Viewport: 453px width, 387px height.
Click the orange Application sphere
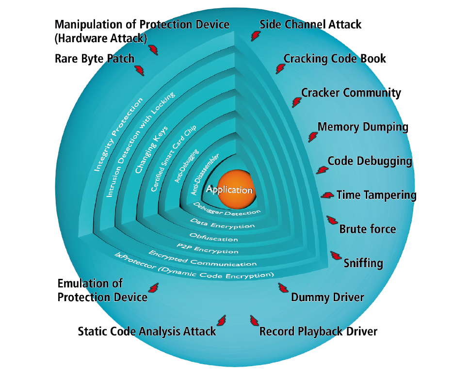coord(237,189)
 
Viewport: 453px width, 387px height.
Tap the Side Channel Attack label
coord(310,25)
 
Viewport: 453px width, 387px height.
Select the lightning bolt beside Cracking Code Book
coord(280,69)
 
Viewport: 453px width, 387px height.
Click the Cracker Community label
coord(351,93)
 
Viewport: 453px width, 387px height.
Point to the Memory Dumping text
coord(363,127)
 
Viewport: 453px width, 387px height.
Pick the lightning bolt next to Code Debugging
coord(322,170)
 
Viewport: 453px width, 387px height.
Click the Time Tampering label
coord(376,195)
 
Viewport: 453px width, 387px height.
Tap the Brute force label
coord(368,229)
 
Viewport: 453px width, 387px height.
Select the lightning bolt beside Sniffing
coord(336,255)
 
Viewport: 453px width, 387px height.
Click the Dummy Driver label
coord(327,297)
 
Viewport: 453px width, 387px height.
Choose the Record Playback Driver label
coord(318,331)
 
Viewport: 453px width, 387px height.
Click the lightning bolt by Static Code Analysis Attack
coord(222,321)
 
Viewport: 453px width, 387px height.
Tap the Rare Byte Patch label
coord(95,59)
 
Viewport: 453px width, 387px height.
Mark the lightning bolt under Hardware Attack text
coord(153,49)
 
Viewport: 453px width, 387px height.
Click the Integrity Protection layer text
coord(118,134)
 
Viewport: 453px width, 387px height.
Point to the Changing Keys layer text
coord(151,149)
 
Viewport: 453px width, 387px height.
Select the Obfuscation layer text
coord(213,237)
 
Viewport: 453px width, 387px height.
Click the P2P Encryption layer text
coord(208,248)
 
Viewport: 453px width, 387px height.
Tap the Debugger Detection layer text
coord(226,210)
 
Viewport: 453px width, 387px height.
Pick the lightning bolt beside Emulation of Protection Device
coord(153,288)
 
